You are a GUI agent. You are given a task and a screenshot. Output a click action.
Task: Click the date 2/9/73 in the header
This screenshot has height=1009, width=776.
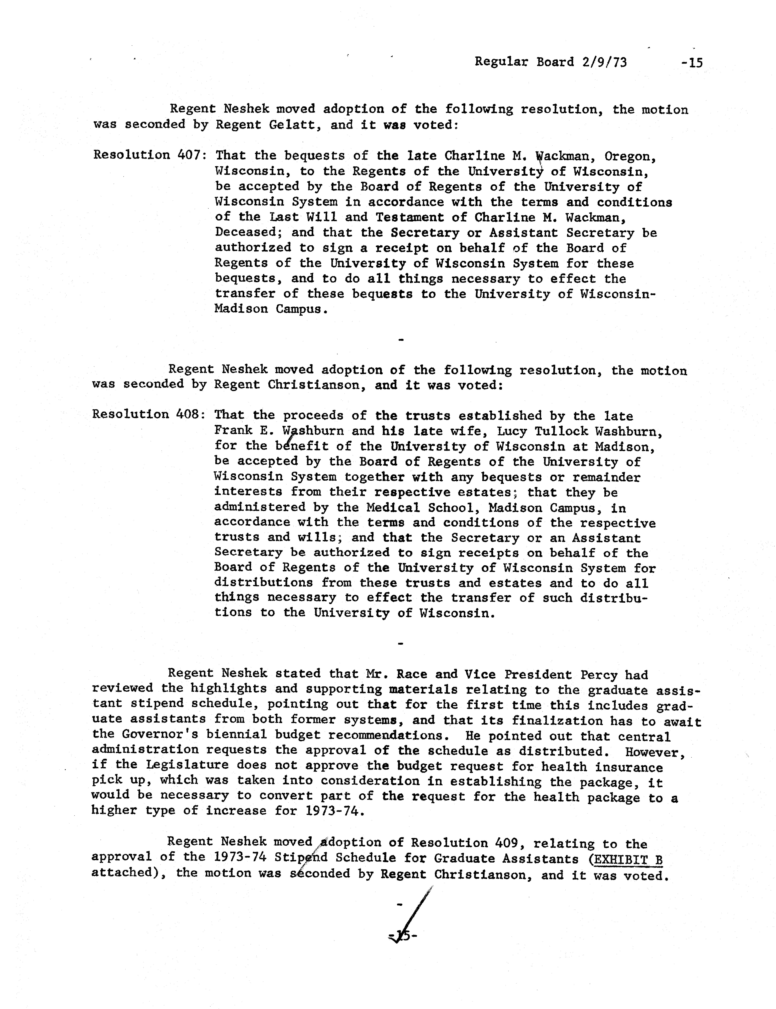[x=601, y=62]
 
